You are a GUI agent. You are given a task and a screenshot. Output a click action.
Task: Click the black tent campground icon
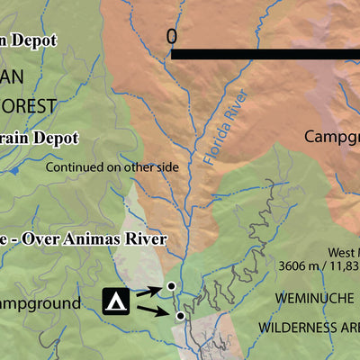(x=115, y=301)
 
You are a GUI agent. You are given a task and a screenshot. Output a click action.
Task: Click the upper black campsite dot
(x=169, y=287)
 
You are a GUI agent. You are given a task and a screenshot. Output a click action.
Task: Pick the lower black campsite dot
(x=180, y=316)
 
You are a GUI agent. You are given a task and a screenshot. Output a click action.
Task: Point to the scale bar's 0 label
(x=172, y=36)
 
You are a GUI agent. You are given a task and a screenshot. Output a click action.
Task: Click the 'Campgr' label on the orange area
(x=331, y=138)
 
